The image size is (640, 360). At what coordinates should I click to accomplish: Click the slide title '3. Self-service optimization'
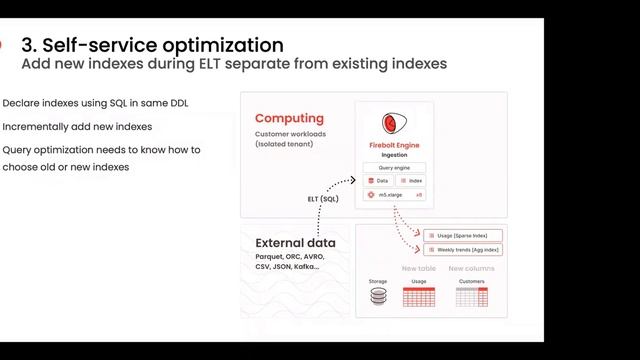click(152, 45)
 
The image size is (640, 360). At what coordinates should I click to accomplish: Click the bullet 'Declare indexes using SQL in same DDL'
click(96, 103)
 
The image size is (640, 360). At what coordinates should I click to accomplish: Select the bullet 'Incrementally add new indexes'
click(77, 127)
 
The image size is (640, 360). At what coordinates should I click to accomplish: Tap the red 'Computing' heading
click(289, 118)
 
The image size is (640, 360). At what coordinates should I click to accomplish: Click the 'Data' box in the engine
click(377, 180)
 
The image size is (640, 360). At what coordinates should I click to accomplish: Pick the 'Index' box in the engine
click(410, 180)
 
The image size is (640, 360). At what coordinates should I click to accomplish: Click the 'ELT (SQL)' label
click(323, 199)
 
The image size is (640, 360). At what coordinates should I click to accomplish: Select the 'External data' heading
click(295, 243)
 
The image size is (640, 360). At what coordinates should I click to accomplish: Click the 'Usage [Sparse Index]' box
click(462, 235)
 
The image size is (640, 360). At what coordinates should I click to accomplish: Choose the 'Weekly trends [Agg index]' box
click(462, 249)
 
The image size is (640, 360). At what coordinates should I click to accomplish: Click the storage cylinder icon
click(378, 297)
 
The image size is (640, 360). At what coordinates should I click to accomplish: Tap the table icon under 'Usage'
click(418, 297)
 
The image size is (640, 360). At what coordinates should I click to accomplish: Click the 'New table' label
click(418, 268)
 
